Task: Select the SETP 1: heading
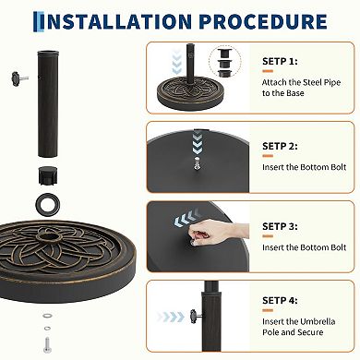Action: pos(282,62)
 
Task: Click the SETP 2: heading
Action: pos(282,146)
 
